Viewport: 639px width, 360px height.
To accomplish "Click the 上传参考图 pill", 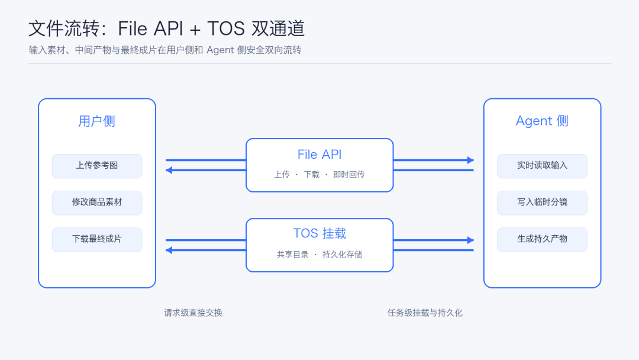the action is (x=97, y=166).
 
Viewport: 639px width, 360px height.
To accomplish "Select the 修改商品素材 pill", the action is (x=97, y=202).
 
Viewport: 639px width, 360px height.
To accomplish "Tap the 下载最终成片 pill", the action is (x=97, y=239).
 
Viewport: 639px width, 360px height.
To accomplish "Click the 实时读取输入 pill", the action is (x=542, y=166).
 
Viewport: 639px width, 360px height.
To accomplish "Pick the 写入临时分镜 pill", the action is (x=542, y=202).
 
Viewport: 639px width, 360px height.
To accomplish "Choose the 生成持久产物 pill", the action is (x=542, y=239).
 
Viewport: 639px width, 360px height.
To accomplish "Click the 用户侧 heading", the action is (x=97, y=121).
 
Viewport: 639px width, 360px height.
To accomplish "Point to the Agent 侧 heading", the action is (x=542, y=121).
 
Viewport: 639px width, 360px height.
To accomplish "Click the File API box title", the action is (x=319, y=155).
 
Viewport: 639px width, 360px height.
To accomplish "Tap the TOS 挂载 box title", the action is (x=319, y=233).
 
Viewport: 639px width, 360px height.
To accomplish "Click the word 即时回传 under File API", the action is (x=349, y=175).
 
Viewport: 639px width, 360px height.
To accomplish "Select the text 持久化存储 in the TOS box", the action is (x=343, y=255).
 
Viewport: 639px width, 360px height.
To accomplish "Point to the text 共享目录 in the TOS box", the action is (x=293, y=255).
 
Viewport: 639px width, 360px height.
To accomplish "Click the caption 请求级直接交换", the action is (x=193, y=313).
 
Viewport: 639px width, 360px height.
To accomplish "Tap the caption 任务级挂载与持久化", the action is (x=425, y=313).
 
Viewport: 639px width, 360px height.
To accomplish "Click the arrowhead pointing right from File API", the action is (x=470, y=160).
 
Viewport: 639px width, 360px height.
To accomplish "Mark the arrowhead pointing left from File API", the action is (x=169, y=170).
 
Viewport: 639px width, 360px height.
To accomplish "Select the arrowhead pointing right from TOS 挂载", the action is (x=470, y=240).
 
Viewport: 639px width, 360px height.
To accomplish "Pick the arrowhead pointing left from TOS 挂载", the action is (x=169, y=250).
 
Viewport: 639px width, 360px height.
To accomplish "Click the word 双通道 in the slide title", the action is (x=278, y=28).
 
